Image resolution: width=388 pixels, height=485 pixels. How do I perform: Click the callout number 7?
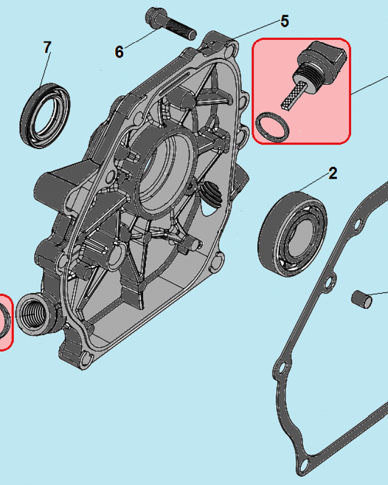tap(47, 48)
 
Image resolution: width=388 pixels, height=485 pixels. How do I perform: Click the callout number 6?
tap(119, 51)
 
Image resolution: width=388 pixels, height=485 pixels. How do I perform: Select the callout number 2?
tap(332, 173)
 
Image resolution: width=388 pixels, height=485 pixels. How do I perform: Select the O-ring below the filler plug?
tap(273, 127)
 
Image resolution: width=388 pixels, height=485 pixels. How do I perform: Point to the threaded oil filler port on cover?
tap(36, 313)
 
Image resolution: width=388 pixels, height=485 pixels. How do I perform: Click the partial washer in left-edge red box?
tap(5, 320)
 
